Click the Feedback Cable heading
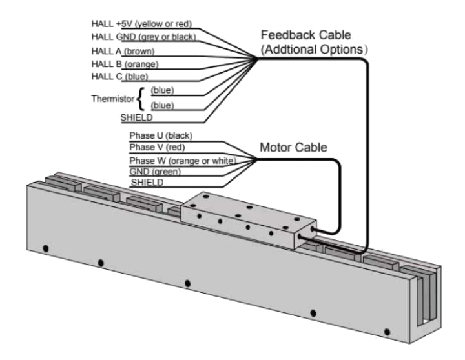[x=314, y=35]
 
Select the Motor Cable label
[x=293, y=148]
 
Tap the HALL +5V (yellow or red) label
[x=141, y=25]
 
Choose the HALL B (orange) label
[x=125, y=63]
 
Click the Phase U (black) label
[x=161, y=135]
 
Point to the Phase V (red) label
[x=156, y=148]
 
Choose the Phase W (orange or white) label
[x=181, y=159]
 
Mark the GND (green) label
[x=155, y=171]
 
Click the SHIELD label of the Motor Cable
[x=147, y=183]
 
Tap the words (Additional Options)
[x=314, y=49]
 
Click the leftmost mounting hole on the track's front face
[x=44, y=249]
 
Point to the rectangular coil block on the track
[x=249, y=219]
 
